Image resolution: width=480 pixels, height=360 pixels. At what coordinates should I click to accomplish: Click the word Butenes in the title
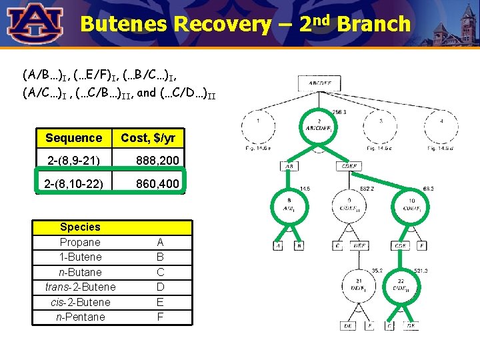(x=123, y=25)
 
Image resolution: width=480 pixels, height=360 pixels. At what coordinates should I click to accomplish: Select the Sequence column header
(x=73, y=138)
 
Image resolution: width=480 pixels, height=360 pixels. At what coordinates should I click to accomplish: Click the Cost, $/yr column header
(x=148, y=138)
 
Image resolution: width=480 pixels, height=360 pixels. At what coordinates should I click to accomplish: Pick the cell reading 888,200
(x=157, y=161)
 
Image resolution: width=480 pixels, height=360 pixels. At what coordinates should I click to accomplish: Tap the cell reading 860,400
(x=157, y=183)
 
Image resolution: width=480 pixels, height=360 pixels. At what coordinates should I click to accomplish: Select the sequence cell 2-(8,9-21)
(x=73, y=161)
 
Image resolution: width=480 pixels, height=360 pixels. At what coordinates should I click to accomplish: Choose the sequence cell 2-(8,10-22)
(x=73, y=183)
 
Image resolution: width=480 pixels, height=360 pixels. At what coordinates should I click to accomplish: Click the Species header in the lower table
(x=80, y=227)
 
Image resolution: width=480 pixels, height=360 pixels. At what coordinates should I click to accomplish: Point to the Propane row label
(x=80, y=242)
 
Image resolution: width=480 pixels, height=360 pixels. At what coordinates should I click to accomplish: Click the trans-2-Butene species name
(x=80, y=287)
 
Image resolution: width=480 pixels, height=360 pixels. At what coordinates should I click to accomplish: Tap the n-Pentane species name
(x=80, y=317)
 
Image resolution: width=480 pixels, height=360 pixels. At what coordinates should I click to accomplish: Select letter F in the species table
(x=160, y=317)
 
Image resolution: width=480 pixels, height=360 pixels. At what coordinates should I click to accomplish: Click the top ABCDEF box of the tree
(x=319, y=84)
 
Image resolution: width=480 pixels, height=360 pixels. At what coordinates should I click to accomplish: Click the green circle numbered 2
(x=319, y=127)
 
